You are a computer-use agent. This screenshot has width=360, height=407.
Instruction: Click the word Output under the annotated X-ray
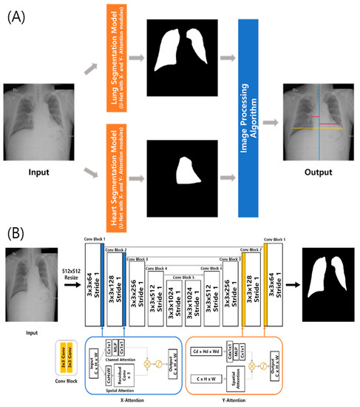click(x=316, y=172)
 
